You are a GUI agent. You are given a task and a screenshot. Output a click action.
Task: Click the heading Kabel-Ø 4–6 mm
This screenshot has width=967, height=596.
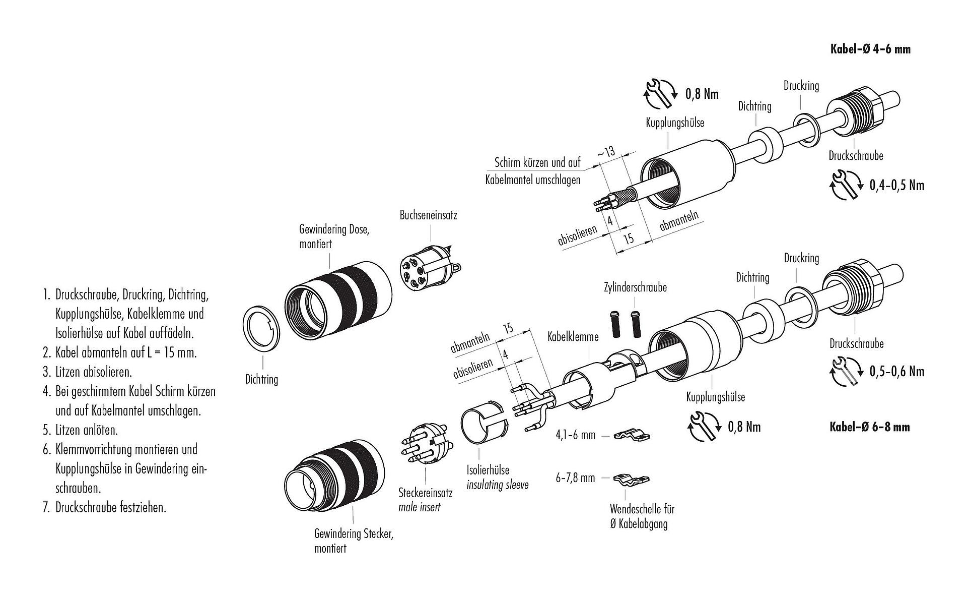pyautogui.click(x=870, y=49)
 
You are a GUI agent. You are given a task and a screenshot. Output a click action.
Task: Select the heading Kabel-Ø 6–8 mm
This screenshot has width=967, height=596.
pyautogui.click(x=869, y=427)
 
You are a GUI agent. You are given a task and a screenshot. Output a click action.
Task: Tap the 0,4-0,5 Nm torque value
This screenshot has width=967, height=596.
pyautogui.click(x=896, y=185)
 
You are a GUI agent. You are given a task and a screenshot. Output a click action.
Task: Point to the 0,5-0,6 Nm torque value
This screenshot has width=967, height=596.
pyautogui.click(x=896, y=372)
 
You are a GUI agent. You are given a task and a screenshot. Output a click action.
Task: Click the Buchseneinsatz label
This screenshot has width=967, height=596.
pyautogui.click(x=428, y=215)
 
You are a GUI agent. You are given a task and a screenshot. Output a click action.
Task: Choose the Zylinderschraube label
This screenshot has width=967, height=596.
pyautogui.click(x=635, y=287)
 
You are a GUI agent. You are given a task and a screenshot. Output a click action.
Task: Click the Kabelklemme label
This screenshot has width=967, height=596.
pyautogui.click(x=573, y=336)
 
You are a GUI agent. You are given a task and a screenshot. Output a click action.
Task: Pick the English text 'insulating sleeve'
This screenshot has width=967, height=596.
pyautogui.click(x=497, y=485)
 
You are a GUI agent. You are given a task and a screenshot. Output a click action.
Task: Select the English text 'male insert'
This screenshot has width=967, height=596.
pyautogui.click(x=419, y=507)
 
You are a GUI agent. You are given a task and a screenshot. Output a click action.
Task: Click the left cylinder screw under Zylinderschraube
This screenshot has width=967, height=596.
pyautogui.click(x=615, y=326)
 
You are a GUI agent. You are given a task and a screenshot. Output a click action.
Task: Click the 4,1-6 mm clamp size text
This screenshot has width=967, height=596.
pyautogui.click(x=576, y=434)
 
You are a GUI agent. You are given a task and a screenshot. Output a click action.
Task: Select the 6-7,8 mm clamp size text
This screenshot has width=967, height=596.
pyautogui.click(x=575, y=478)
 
